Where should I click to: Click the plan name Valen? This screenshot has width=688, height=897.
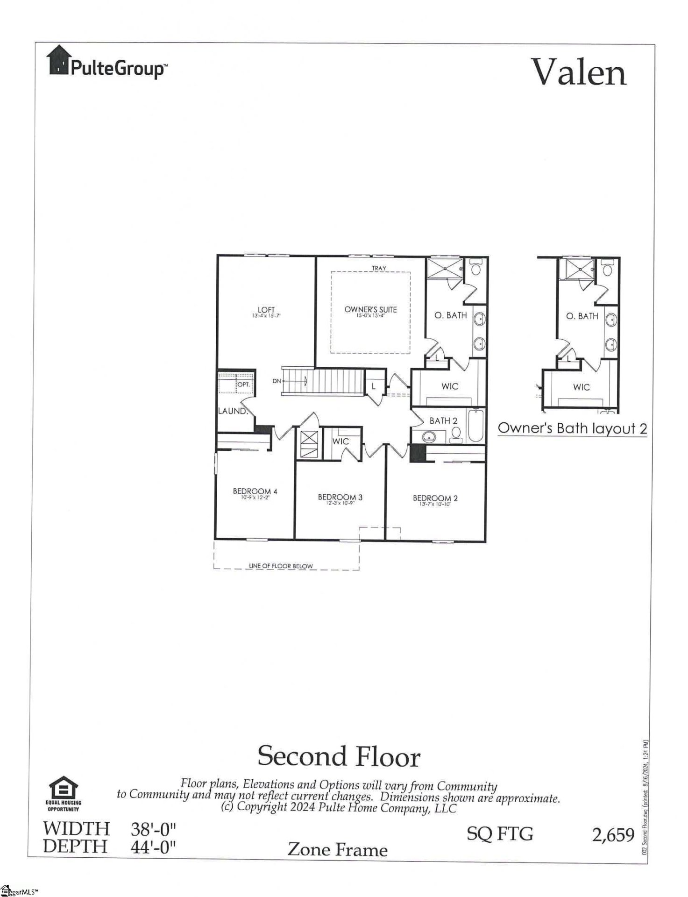click(579, 73)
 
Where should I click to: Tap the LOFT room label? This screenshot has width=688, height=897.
click(266, 310)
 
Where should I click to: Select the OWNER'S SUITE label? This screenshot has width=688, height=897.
click(370, 310)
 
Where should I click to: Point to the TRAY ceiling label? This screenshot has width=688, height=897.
click(379, 269)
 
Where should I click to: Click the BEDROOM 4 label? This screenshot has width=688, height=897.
click(255, 491)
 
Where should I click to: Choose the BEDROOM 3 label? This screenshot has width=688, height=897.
click(340, 497)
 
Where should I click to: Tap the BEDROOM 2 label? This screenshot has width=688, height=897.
click(435, 498)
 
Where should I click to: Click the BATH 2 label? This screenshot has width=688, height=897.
click(443, 421)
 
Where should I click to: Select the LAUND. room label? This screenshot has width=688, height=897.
click(232, 411)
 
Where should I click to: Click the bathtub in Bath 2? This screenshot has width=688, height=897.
click(476, 426)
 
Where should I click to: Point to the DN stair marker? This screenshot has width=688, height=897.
click(277, 381)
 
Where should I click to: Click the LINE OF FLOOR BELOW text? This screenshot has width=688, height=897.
click(281, 566)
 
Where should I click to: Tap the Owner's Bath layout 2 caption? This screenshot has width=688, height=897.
click(572, 428)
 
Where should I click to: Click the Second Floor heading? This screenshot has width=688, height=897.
click(339, 755)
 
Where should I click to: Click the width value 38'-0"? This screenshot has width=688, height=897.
click(153, 829)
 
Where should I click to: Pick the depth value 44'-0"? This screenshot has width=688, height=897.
click(153, 846)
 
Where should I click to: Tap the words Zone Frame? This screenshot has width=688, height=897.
click(337, 849)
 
